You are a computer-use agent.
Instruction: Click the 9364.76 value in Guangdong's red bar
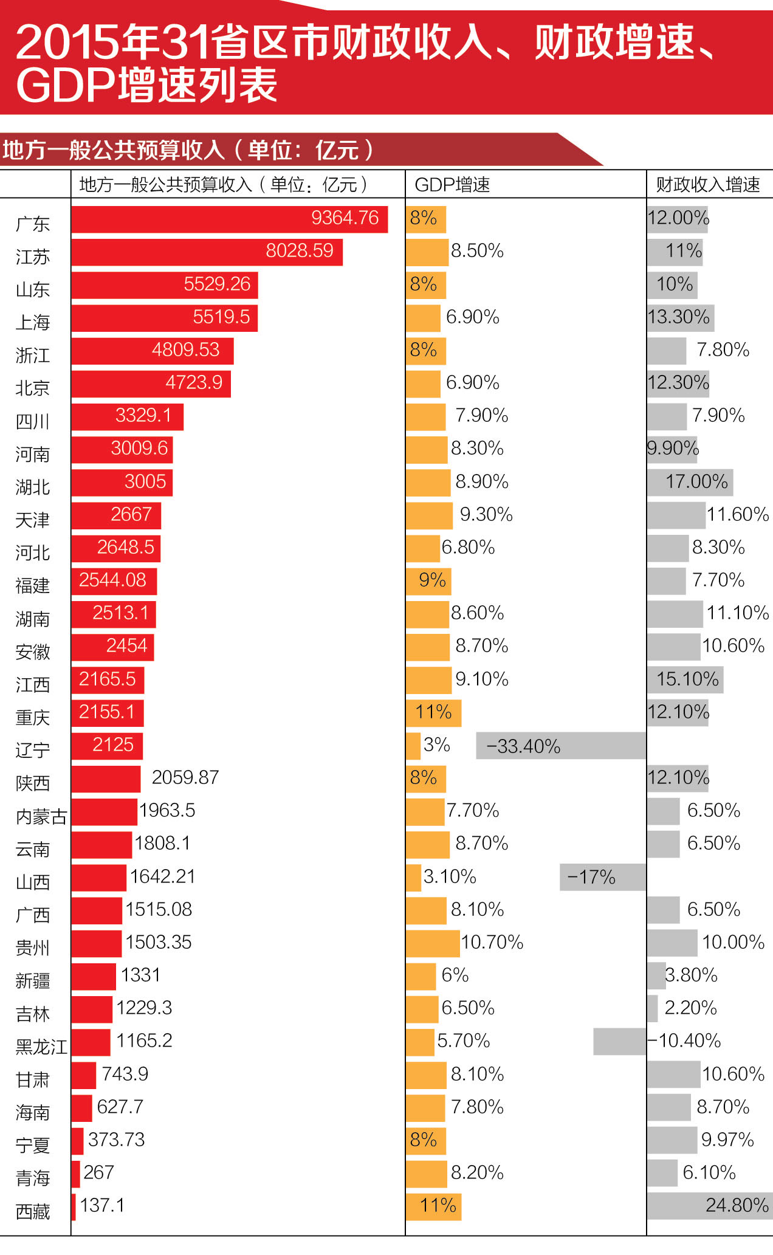click(x=345, y=218)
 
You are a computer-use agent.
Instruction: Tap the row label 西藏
click(x=33, y=1211)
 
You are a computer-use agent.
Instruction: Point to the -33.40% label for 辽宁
click(x=523, y=746)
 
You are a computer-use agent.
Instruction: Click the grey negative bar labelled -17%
click(x=602, y=877)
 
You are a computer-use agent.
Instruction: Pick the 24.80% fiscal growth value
click(x=737, y=1205)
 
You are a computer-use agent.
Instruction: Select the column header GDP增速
click(x=452, y=185)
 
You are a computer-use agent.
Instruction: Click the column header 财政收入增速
click(x=708, y=185)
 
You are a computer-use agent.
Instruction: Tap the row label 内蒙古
click(x=41, y=816)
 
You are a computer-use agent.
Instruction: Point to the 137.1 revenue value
click(x=102, y=1205)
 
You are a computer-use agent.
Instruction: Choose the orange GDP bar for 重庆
click(x=433, y=713)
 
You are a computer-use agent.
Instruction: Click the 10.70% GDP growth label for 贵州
click(x=492, y=943)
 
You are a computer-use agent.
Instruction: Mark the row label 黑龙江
click(x=41, y=1047)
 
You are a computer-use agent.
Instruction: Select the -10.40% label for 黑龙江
click(x=685, y=1041)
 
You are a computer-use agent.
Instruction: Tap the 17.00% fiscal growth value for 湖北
click(x=696, y=482)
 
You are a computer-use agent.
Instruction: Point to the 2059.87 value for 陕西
click(x=185, y=777)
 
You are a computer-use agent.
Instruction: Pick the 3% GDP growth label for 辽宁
click(x=436, y=745)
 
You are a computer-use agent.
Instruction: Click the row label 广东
click(x=33, y=224)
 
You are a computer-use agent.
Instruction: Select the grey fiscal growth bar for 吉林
click(x=653, y=1009)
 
